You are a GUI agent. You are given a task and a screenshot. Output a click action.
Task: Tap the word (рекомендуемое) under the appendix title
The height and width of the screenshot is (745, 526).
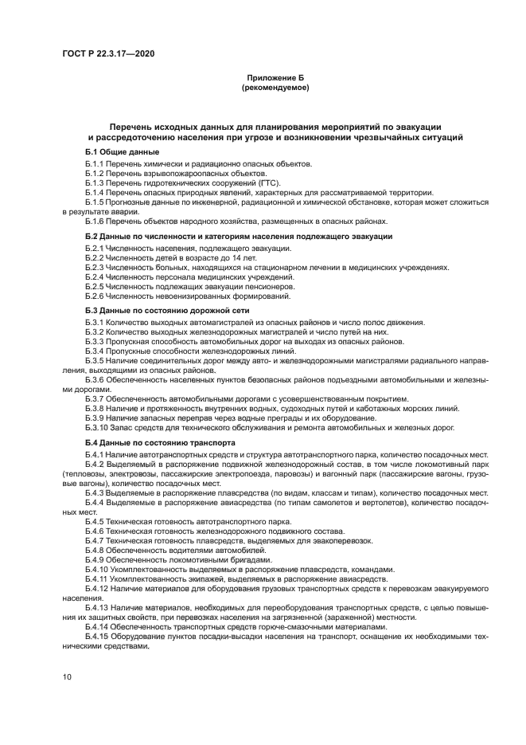pos(275,88)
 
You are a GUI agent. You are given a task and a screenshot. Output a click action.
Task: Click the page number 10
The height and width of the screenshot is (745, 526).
pos(67,676)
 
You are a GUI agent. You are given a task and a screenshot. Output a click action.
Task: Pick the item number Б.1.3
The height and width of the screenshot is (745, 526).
pos(95,183)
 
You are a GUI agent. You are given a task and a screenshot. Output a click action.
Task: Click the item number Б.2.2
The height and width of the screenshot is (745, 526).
pos(95,259)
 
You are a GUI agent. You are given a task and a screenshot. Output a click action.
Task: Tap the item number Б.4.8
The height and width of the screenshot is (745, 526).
pos(95,551)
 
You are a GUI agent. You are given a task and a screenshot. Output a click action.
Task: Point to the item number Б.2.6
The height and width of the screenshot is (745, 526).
pos(95,295)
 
